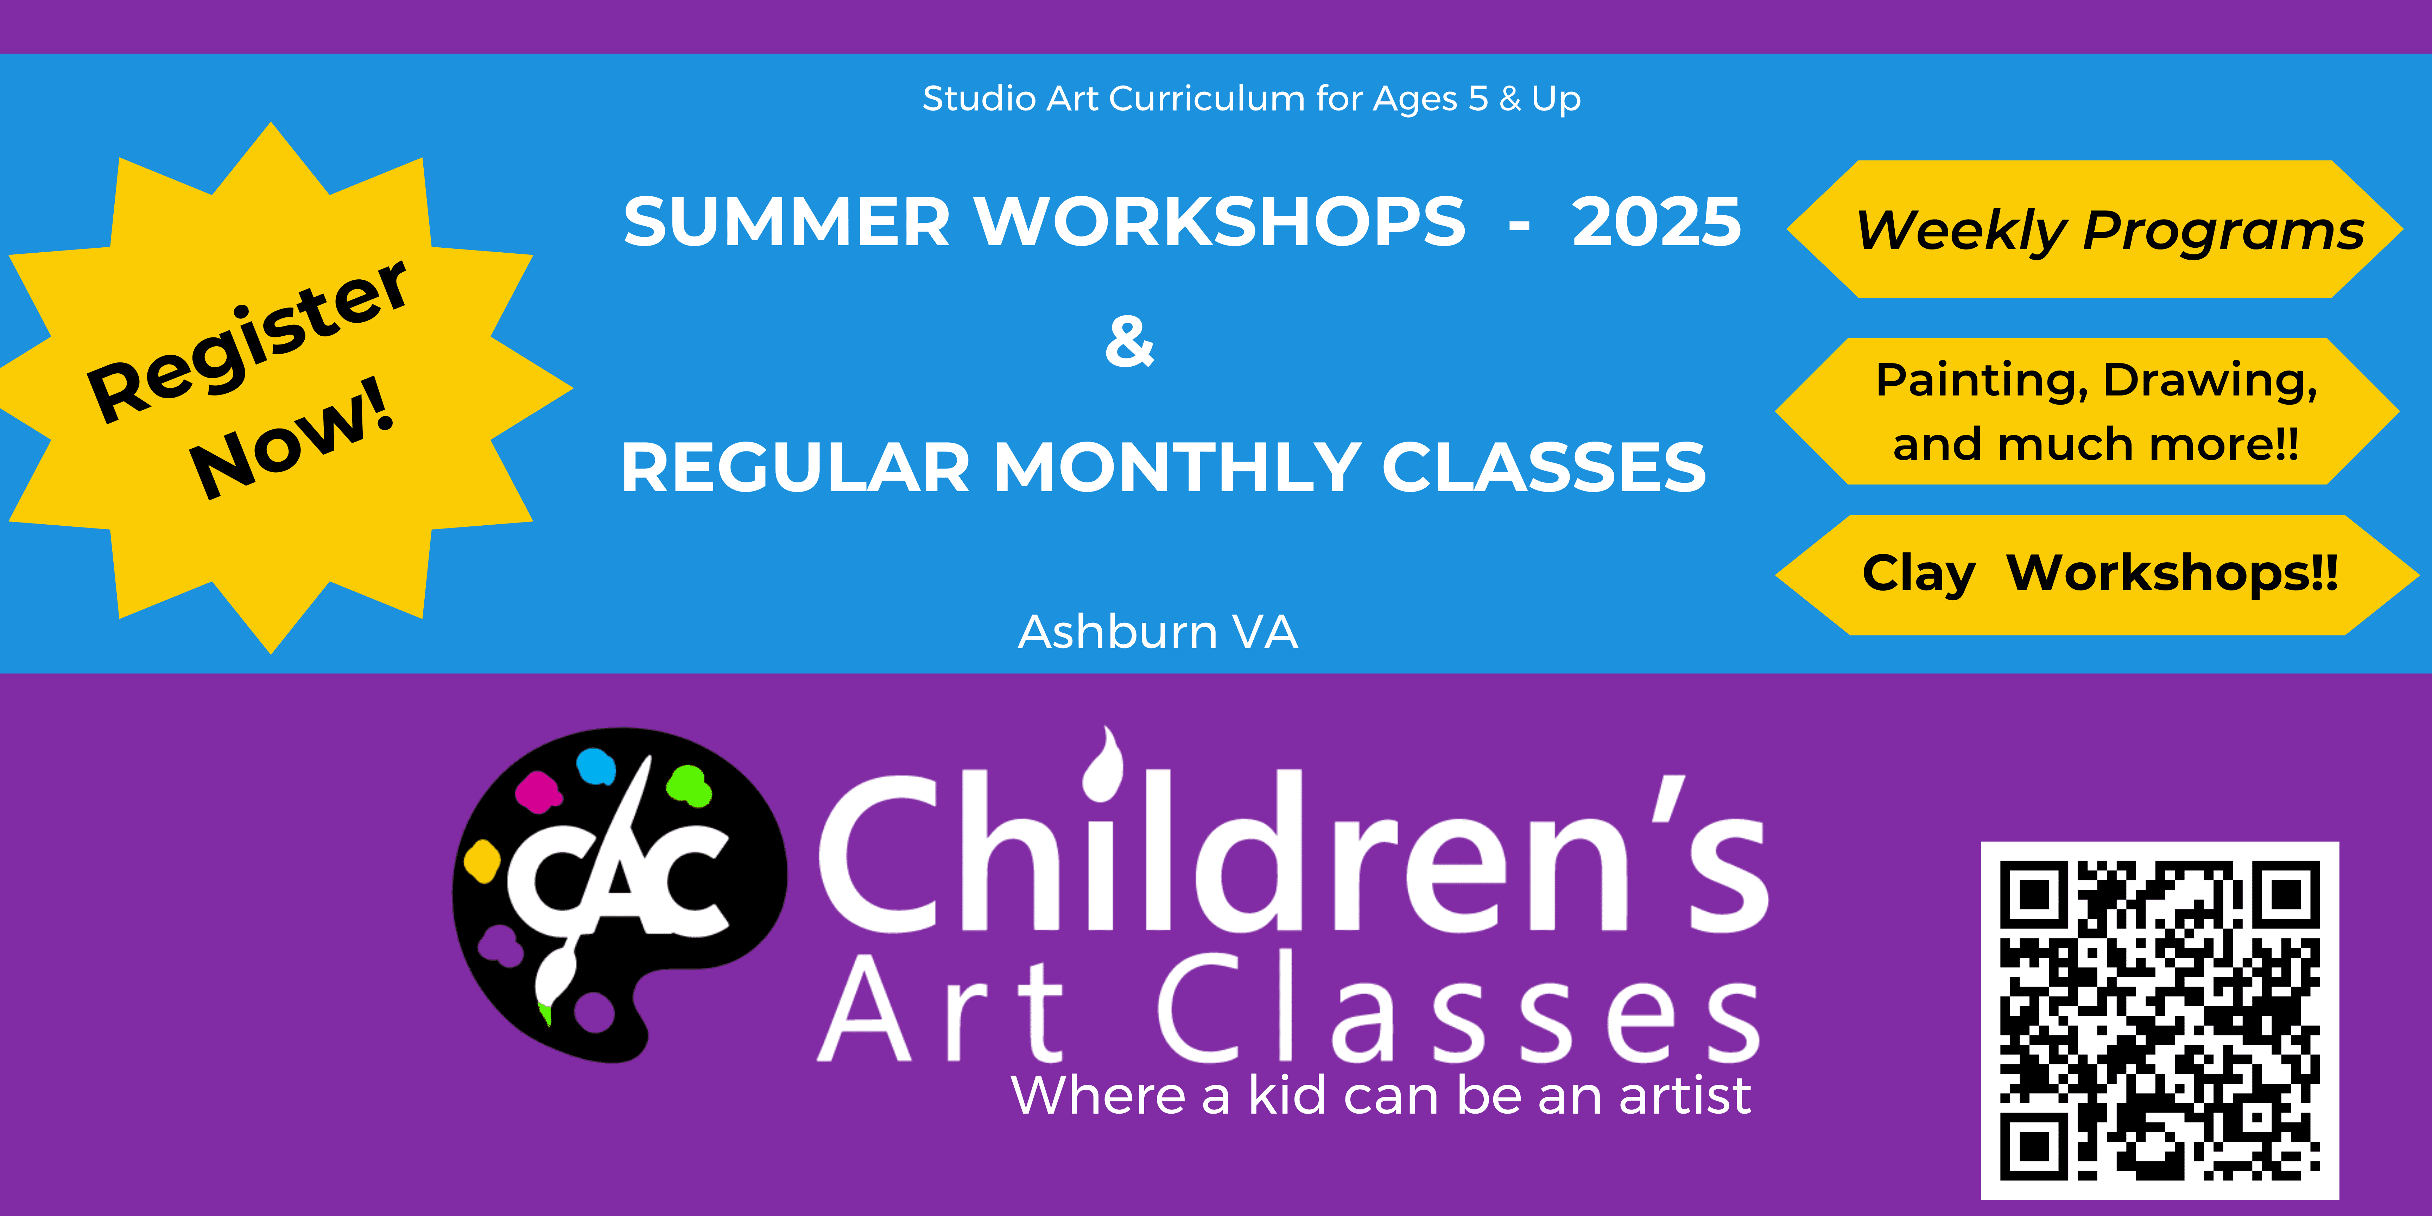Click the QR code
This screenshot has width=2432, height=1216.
click(x=2159, y=1020)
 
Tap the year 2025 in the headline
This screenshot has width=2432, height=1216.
click(x=1656, y=222)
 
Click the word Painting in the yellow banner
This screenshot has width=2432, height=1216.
click(x=1983, y=381)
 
